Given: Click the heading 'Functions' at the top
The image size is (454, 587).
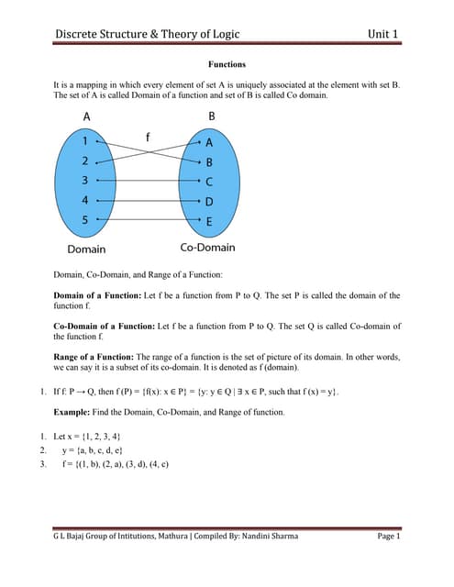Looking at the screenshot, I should [x=227, y=66].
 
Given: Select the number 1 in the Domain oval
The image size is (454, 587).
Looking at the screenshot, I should [x=84, y=142].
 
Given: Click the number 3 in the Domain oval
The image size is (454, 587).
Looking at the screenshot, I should [x=84, y=181].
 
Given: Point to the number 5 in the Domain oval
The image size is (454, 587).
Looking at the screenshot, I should [x=84, y=220].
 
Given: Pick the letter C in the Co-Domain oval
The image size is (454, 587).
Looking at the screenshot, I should [x=209, y=182].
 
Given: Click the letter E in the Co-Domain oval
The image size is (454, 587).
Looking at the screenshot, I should [x=209, y=221].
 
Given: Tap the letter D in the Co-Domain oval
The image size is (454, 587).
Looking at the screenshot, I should [x=209, y=202].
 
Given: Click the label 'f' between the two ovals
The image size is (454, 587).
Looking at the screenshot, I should [x=148, y=137].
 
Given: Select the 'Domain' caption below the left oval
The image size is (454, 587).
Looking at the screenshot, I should [x=86, y=249].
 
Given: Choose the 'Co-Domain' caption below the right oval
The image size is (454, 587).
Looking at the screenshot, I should [x=207, y=248].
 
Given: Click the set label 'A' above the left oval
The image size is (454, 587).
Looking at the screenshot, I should [x=86, y=116].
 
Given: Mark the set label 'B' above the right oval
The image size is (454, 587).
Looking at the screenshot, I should [x=212, y=116].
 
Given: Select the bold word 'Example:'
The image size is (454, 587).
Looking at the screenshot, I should [x=74, y=413].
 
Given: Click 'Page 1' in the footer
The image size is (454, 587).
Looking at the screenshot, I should [x=389, y=537].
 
